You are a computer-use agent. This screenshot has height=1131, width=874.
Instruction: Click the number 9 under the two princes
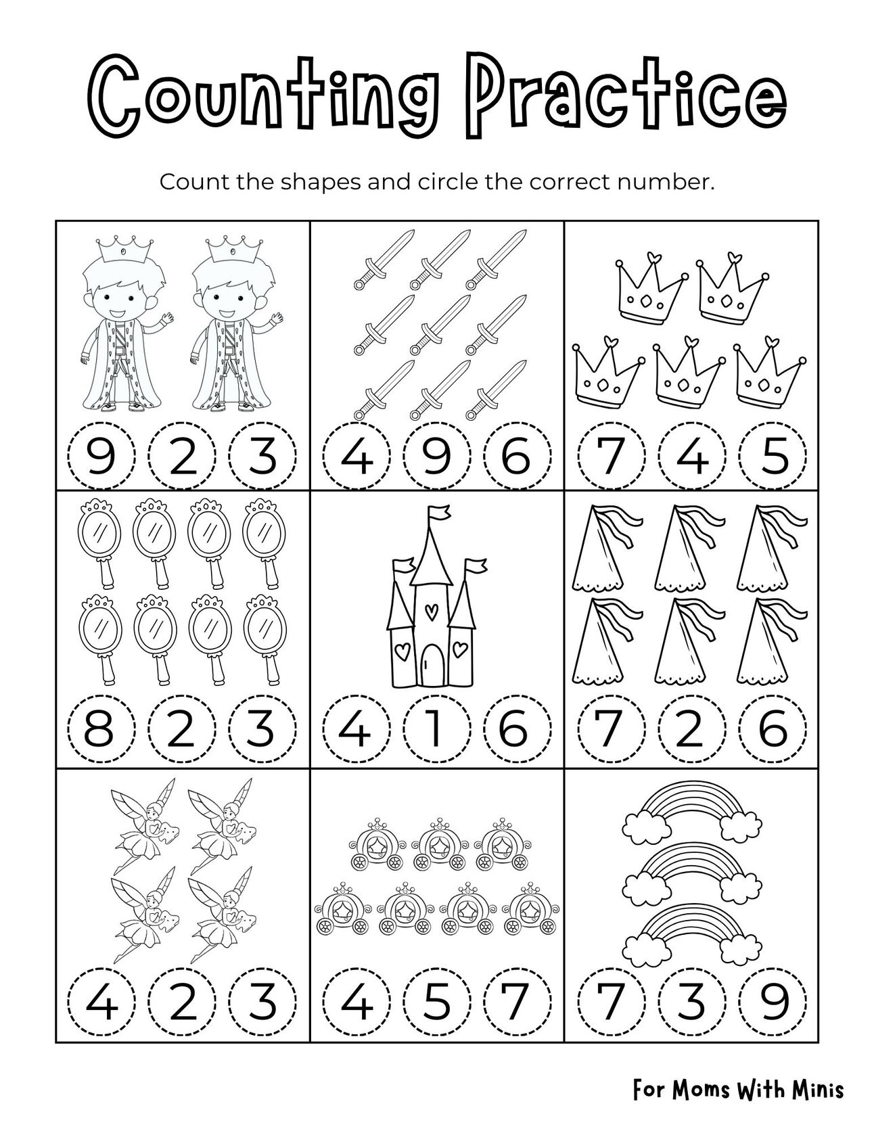(101, 456)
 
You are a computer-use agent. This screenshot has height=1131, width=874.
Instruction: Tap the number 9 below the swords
(436, 456)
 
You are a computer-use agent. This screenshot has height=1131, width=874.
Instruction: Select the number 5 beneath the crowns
(773, 456)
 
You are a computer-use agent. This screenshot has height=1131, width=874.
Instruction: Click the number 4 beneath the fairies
(101, 1002)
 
